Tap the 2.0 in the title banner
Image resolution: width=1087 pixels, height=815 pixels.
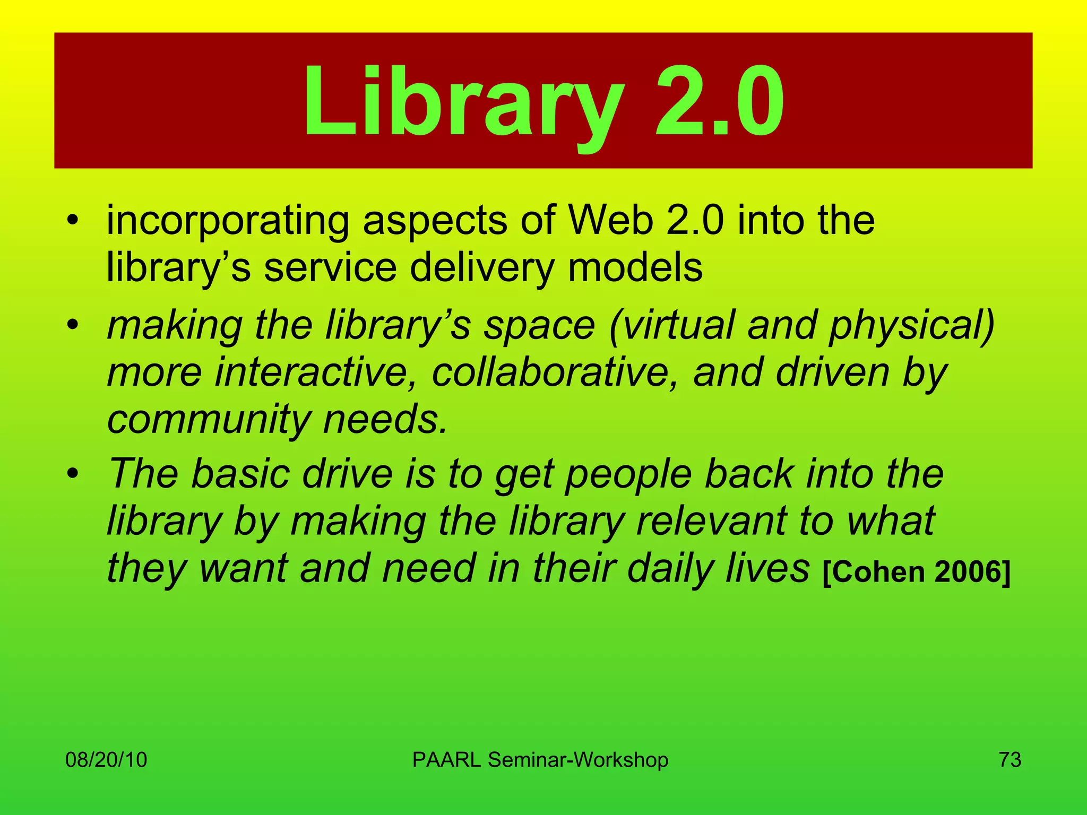(x=719, y=101)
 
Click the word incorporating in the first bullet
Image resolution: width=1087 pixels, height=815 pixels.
(x=228, y=221)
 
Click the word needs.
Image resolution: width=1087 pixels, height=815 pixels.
(x=385, y=420)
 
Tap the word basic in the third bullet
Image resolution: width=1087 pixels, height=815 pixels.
(x=240, y=473)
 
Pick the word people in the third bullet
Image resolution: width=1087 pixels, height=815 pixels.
(x=628, y=473)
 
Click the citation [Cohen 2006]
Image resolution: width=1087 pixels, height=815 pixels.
(x=916, y=571)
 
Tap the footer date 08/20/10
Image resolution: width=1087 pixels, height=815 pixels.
(x=106, y=760)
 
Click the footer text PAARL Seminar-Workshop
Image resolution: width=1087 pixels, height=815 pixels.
(x=540, y=760)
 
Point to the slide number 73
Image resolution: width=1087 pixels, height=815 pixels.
(x=1010, y=760)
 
